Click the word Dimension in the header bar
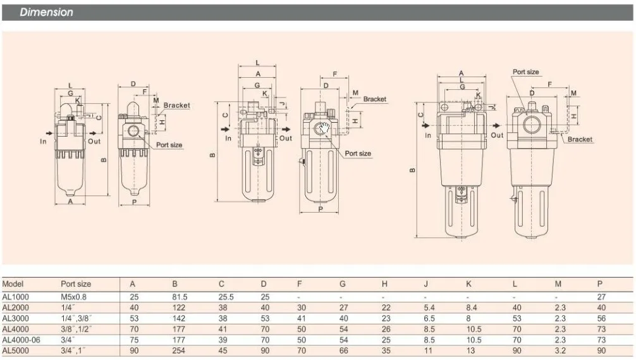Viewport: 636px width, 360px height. pyautogui.click(x=46, y=12)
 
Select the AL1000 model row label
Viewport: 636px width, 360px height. pyautogui.click(x=15, y=297)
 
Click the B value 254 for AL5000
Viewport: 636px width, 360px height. pyautogui.click(x=178, y=351)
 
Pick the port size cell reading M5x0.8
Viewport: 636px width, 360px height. pyautogui.click(x=73, y=297)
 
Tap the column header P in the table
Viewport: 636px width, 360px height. pyautogui.click(x=600, y=284)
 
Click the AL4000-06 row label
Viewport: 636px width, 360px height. pyautogui.click(x=21, y=340)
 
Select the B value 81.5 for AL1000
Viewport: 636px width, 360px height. pyautogui.click(x=180, y=297)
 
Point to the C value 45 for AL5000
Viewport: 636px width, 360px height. pyautogui.click(x=223, y=351)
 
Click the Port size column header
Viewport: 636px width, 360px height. pyautogui.click(x=76, y=284)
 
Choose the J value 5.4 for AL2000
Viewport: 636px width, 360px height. pyautogui.click(x=429, y=308)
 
